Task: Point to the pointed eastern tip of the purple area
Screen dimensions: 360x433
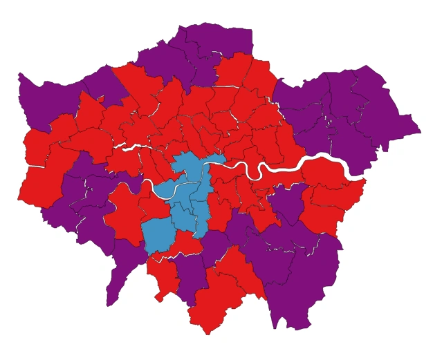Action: coord(418,129)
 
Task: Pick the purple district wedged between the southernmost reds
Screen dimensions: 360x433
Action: coord(190,276)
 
